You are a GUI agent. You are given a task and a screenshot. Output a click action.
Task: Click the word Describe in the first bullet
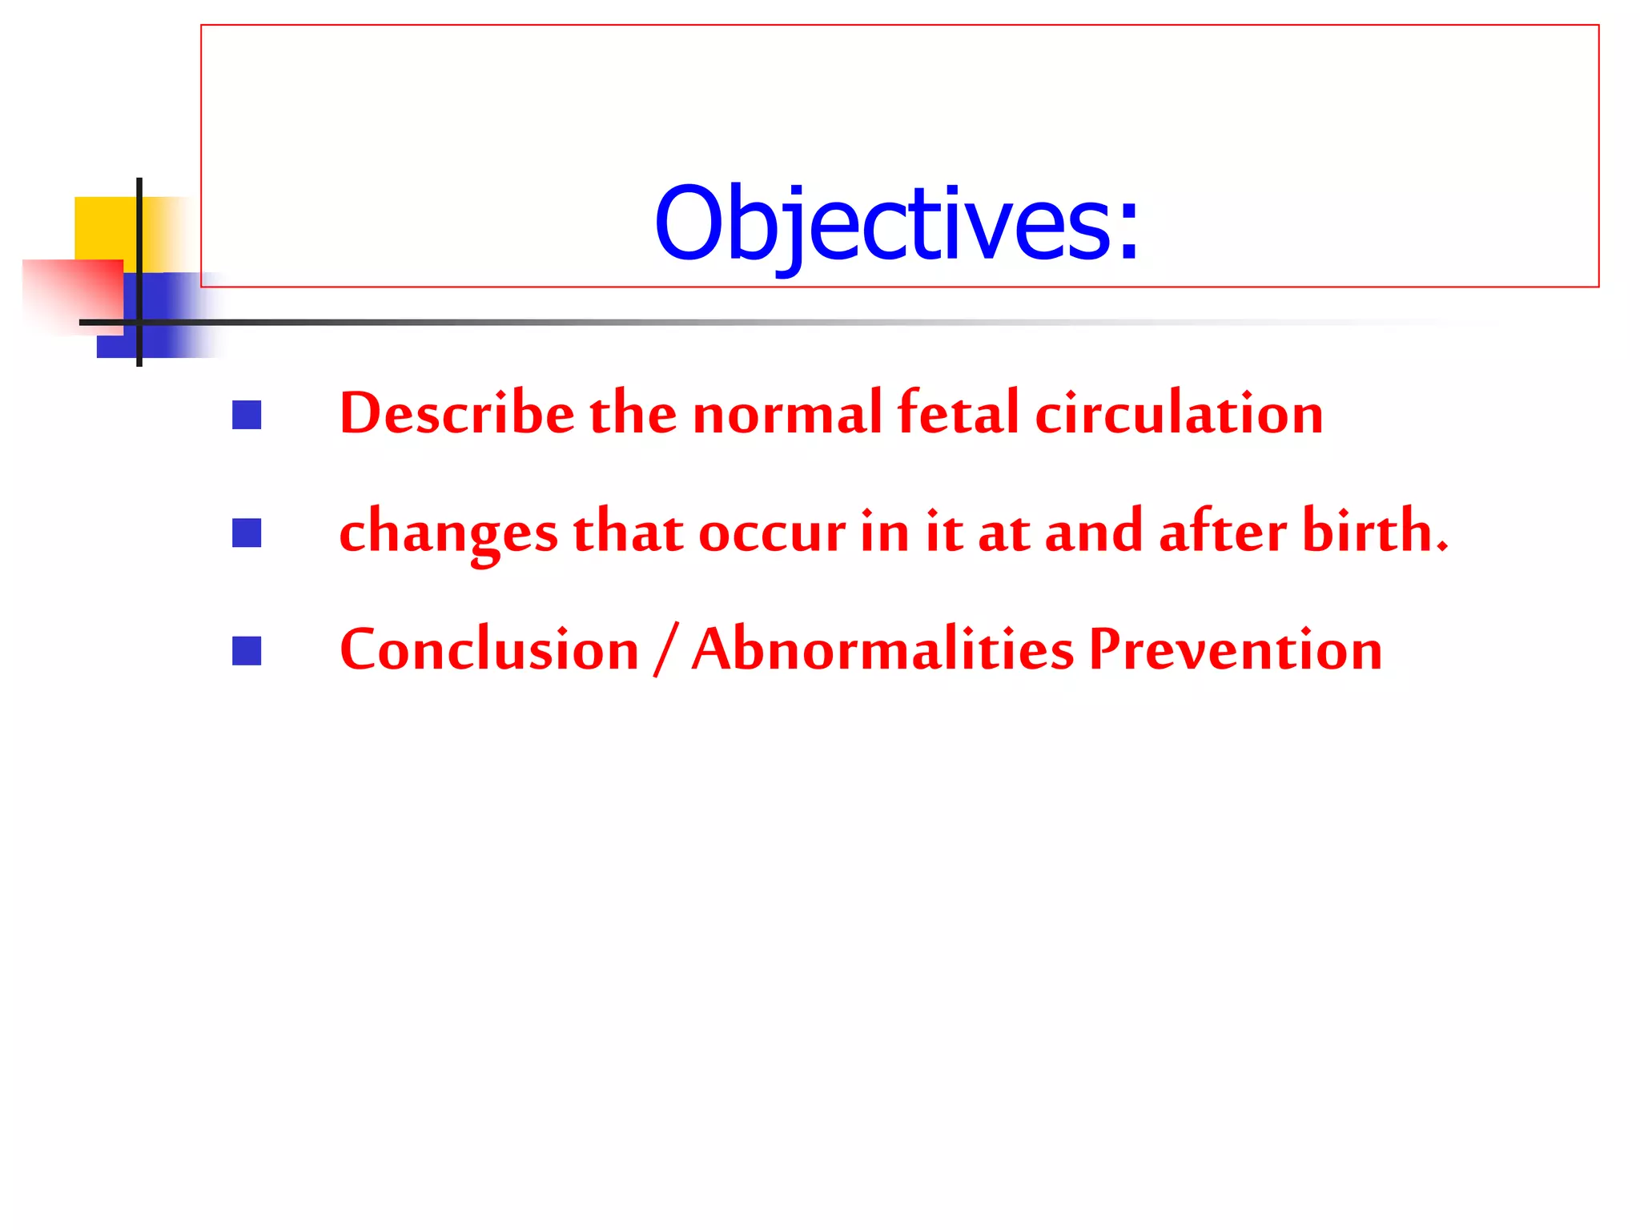pyautogui.click(x=456, y=414)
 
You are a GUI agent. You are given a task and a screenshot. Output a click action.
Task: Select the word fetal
pyautogui.click(x=958, y=414)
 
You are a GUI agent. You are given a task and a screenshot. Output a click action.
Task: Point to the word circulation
pyautogui.click(x=1178, y=414)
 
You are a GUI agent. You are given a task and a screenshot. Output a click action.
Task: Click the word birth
pyautogui.click(x=1373, y=532)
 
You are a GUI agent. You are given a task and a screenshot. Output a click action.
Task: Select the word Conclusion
pyautogui.click(x=489, y=649)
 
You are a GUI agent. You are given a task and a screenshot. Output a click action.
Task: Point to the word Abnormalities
pyautogui.click(x=882, y=649)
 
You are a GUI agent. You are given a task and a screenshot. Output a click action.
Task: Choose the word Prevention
pyautogui.click(x=1235, y=649)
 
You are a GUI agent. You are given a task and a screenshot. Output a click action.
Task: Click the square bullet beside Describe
pyautogui.click(x=247, y=415)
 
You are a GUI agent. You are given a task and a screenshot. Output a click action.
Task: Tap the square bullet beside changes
pyautogui.click(x=247, y=533)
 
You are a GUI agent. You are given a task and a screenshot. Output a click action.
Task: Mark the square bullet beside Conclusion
pyautogui.click(x=247, y=651)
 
